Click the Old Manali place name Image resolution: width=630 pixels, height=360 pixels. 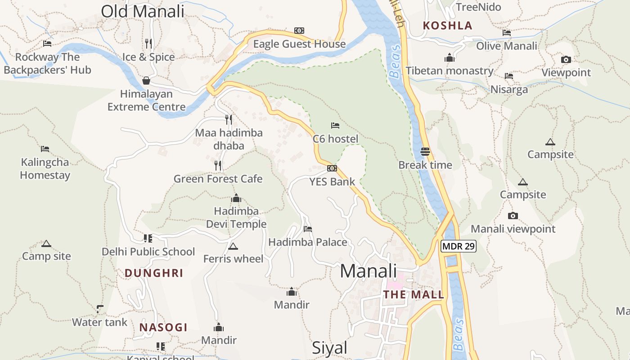142,11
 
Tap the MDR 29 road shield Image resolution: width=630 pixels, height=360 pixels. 458,246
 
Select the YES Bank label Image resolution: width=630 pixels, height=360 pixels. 332,182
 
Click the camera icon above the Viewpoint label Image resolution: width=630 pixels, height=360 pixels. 566,59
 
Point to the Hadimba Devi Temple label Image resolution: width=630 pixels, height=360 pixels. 236,217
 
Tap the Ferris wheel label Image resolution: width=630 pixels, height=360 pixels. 233,259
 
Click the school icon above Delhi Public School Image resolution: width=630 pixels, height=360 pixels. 148,238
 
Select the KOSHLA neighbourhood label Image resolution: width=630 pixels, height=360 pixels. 448,26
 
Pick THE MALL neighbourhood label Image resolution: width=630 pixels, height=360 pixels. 413,295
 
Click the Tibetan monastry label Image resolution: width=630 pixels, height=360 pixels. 450,71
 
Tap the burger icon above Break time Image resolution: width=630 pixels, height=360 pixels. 425,152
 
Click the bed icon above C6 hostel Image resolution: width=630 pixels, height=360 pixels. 335,126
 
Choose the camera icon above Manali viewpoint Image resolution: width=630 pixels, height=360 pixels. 513,216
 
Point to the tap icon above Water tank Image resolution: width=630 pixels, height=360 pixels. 100,309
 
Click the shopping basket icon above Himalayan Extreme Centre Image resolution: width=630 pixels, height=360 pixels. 146,81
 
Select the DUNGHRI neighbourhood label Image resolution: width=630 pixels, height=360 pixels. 154,273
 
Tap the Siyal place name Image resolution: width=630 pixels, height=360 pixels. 330,348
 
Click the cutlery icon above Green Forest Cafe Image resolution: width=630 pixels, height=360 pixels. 218,166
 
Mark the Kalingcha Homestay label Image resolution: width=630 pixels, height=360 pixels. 45,168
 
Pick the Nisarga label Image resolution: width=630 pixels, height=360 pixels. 509,89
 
